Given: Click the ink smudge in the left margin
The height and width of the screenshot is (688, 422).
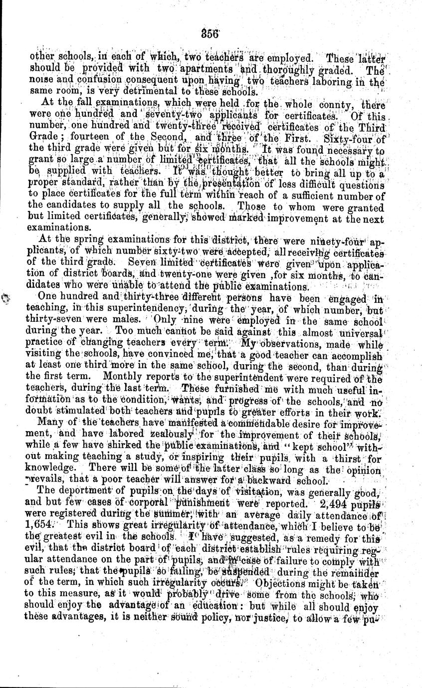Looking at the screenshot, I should point(7,299).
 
